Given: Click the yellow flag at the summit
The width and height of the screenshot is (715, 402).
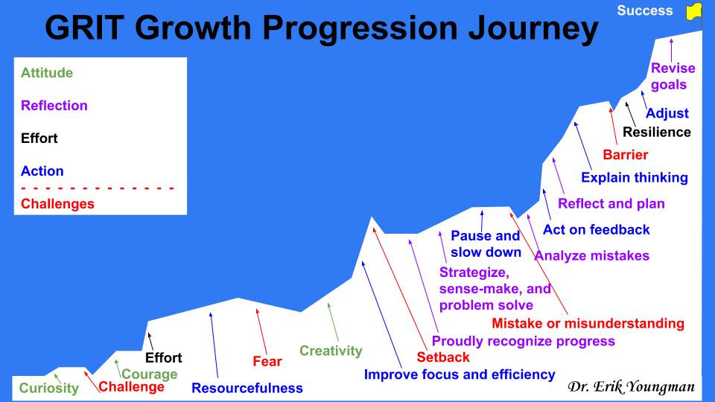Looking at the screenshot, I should coord(693,11).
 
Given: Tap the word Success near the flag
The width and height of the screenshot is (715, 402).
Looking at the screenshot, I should coord(645,11).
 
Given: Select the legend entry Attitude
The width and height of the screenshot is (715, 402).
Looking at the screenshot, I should coord(47,73).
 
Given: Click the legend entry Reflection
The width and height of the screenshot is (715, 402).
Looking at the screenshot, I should coord(54,106).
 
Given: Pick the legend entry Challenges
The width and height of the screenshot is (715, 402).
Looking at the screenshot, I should coord(58,203).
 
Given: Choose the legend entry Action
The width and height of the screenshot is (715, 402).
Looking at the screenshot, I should coord(42,171).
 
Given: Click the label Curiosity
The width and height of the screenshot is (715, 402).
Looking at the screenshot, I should coord(49,388).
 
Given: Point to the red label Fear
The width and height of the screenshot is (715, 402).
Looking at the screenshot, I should coord(267,362).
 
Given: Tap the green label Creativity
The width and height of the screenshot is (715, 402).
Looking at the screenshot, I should coord(331,351).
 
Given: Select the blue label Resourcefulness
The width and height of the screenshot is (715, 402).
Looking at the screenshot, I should coord(247,388).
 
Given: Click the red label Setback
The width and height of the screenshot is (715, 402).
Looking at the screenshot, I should coord(443,357).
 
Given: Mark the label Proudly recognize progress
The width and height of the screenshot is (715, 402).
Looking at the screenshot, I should coord(524,342).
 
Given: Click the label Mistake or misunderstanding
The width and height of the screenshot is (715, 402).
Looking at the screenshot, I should coord(588,323).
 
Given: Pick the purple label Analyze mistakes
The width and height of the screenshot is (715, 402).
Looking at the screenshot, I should coord(592,256).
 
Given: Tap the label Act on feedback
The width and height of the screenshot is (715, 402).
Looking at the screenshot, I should coord(597,230).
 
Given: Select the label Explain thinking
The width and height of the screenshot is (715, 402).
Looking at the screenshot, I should coord(635,178).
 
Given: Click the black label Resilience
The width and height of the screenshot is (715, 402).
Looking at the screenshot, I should coord(657,133).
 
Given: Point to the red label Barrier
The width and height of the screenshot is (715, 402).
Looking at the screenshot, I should coord(626,156).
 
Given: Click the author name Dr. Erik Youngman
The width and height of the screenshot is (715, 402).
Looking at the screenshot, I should coord(631,387).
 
